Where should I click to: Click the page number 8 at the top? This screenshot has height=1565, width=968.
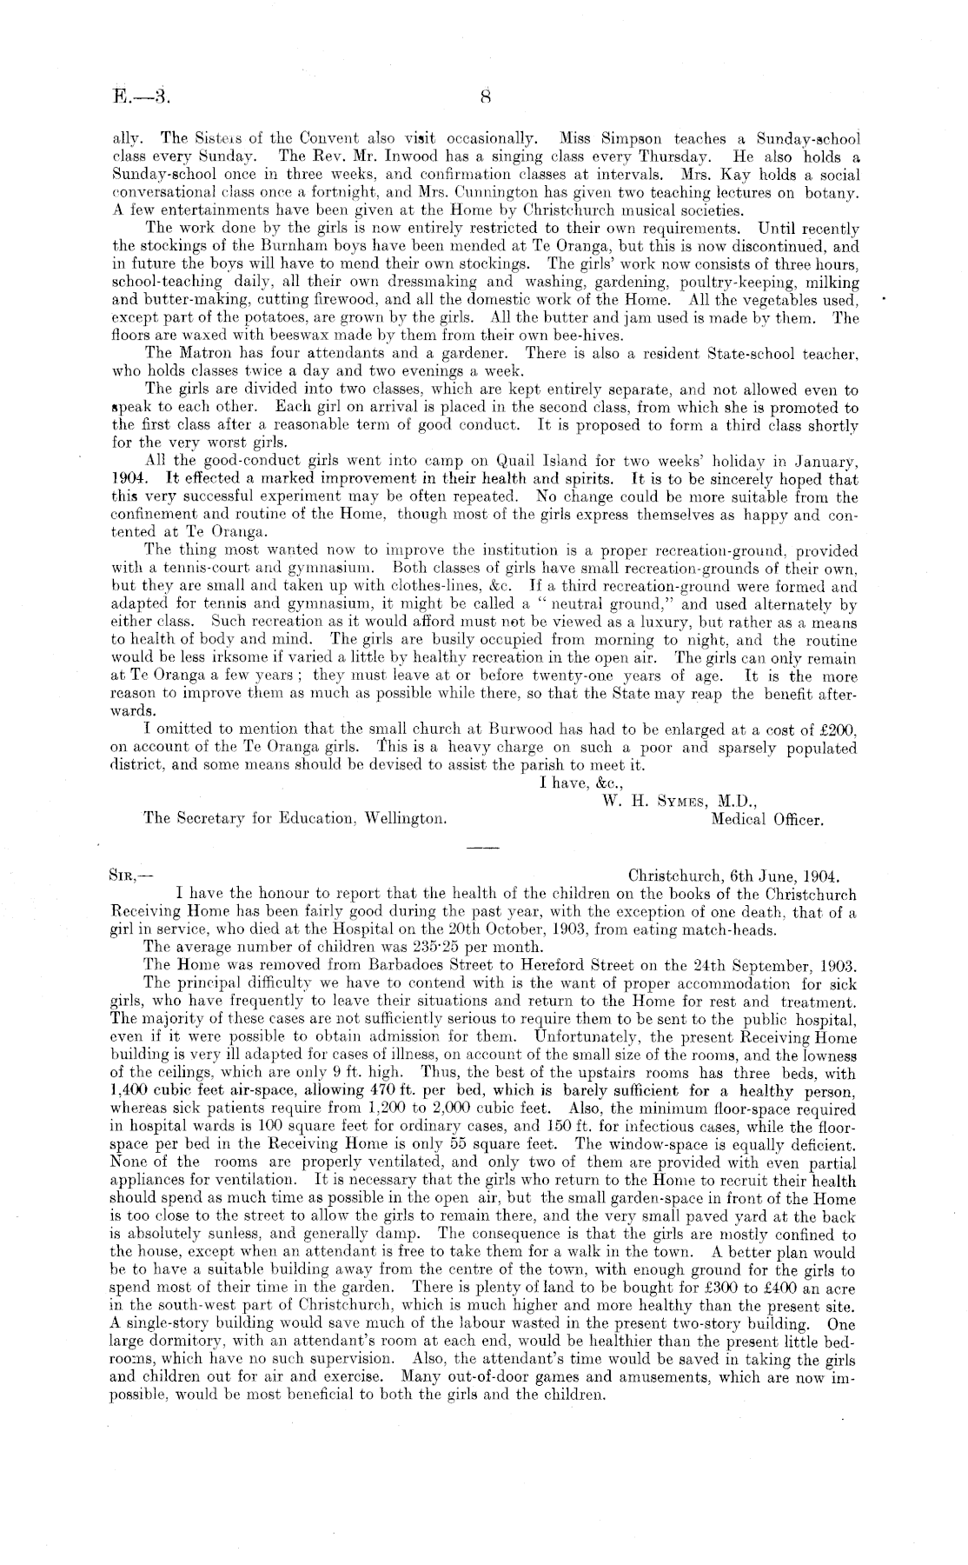486,98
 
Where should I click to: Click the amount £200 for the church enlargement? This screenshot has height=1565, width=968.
839,731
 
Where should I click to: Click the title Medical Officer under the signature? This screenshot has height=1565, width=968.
766,819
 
